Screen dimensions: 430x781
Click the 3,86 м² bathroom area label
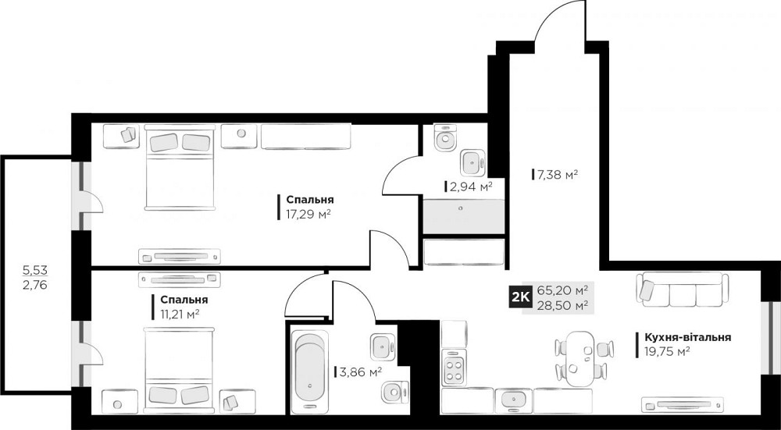pyautogui.click(x=358, y=372)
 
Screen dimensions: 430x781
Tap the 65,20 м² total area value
pyautogui.click(x=562, y=290)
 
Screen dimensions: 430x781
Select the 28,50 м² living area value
pyautogui.click(x=562, y=305)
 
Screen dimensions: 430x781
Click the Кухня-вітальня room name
pyautogui.click(x=687, y=337)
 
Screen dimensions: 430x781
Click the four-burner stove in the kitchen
pyautogui.click(x=454, y=368)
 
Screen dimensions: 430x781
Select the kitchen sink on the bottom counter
pyautogui.click(x=513, y=400)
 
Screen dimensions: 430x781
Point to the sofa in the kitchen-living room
pyautogui.click(x=683, y=290)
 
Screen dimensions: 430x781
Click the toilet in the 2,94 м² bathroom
pyautogui.click(x=446, y=140)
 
